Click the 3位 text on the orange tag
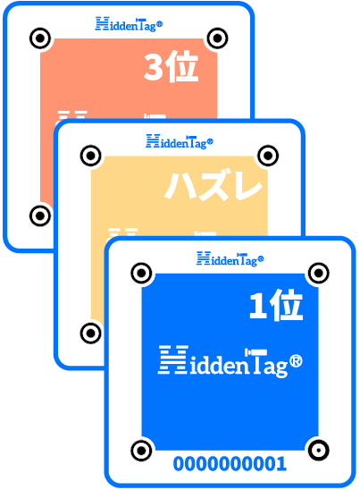[172, 67]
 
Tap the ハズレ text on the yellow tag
[213, 185]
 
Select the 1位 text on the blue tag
[276, 306]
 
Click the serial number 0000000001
[230, 463]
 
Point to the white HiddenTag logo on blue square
[230, 361]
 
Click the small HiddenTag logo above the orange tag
[129, 24]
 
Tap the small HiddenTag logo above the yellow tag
[180, 142]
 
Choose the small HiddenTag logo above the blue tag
[230, 259]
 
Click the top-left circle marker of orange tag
[40, 38]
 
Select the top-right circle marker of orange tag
[217, 38]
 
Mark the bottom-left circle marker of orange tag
[40, 215]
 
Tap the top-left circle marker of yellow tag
[91, 156]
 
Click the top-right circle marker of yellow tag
[268, 156]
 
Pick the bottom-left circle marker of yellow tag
[91, 334]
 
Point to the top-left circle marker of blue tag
[141, 273]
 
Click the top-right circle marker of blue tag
[319, 273]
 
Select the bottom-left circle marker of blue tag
[141, 451]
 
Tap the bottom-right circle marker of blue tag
[319, 451]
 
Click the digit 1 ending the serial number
[281, 463]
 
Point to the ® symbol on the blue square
[296, 361]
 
